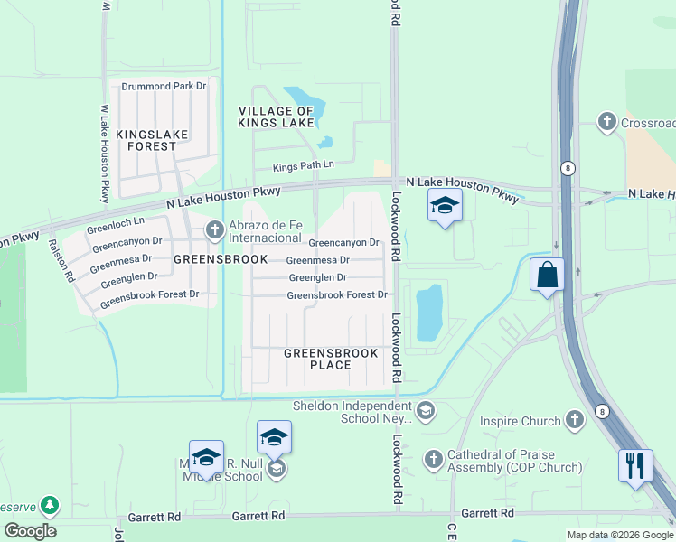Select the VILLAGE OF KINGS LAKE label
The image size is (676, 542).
pos(276,117)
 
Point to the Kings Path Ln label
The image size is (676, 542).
pos(304,166)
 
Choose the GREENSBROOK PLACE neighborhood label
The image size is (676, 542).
pos(330,359)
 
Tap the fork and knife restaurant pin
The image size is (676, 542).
pos(635,465)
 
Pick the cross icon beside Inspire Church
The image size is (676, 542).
pos(574,420)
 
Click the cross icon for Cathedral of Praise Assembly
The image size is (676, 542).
pos(434,460)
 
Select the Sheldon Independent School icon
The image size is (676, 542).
pos(426,412)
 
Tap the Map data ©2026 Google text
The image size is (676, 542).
pos(619,535)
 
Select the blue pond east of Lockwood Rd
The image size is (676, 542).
pos(428,313)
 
